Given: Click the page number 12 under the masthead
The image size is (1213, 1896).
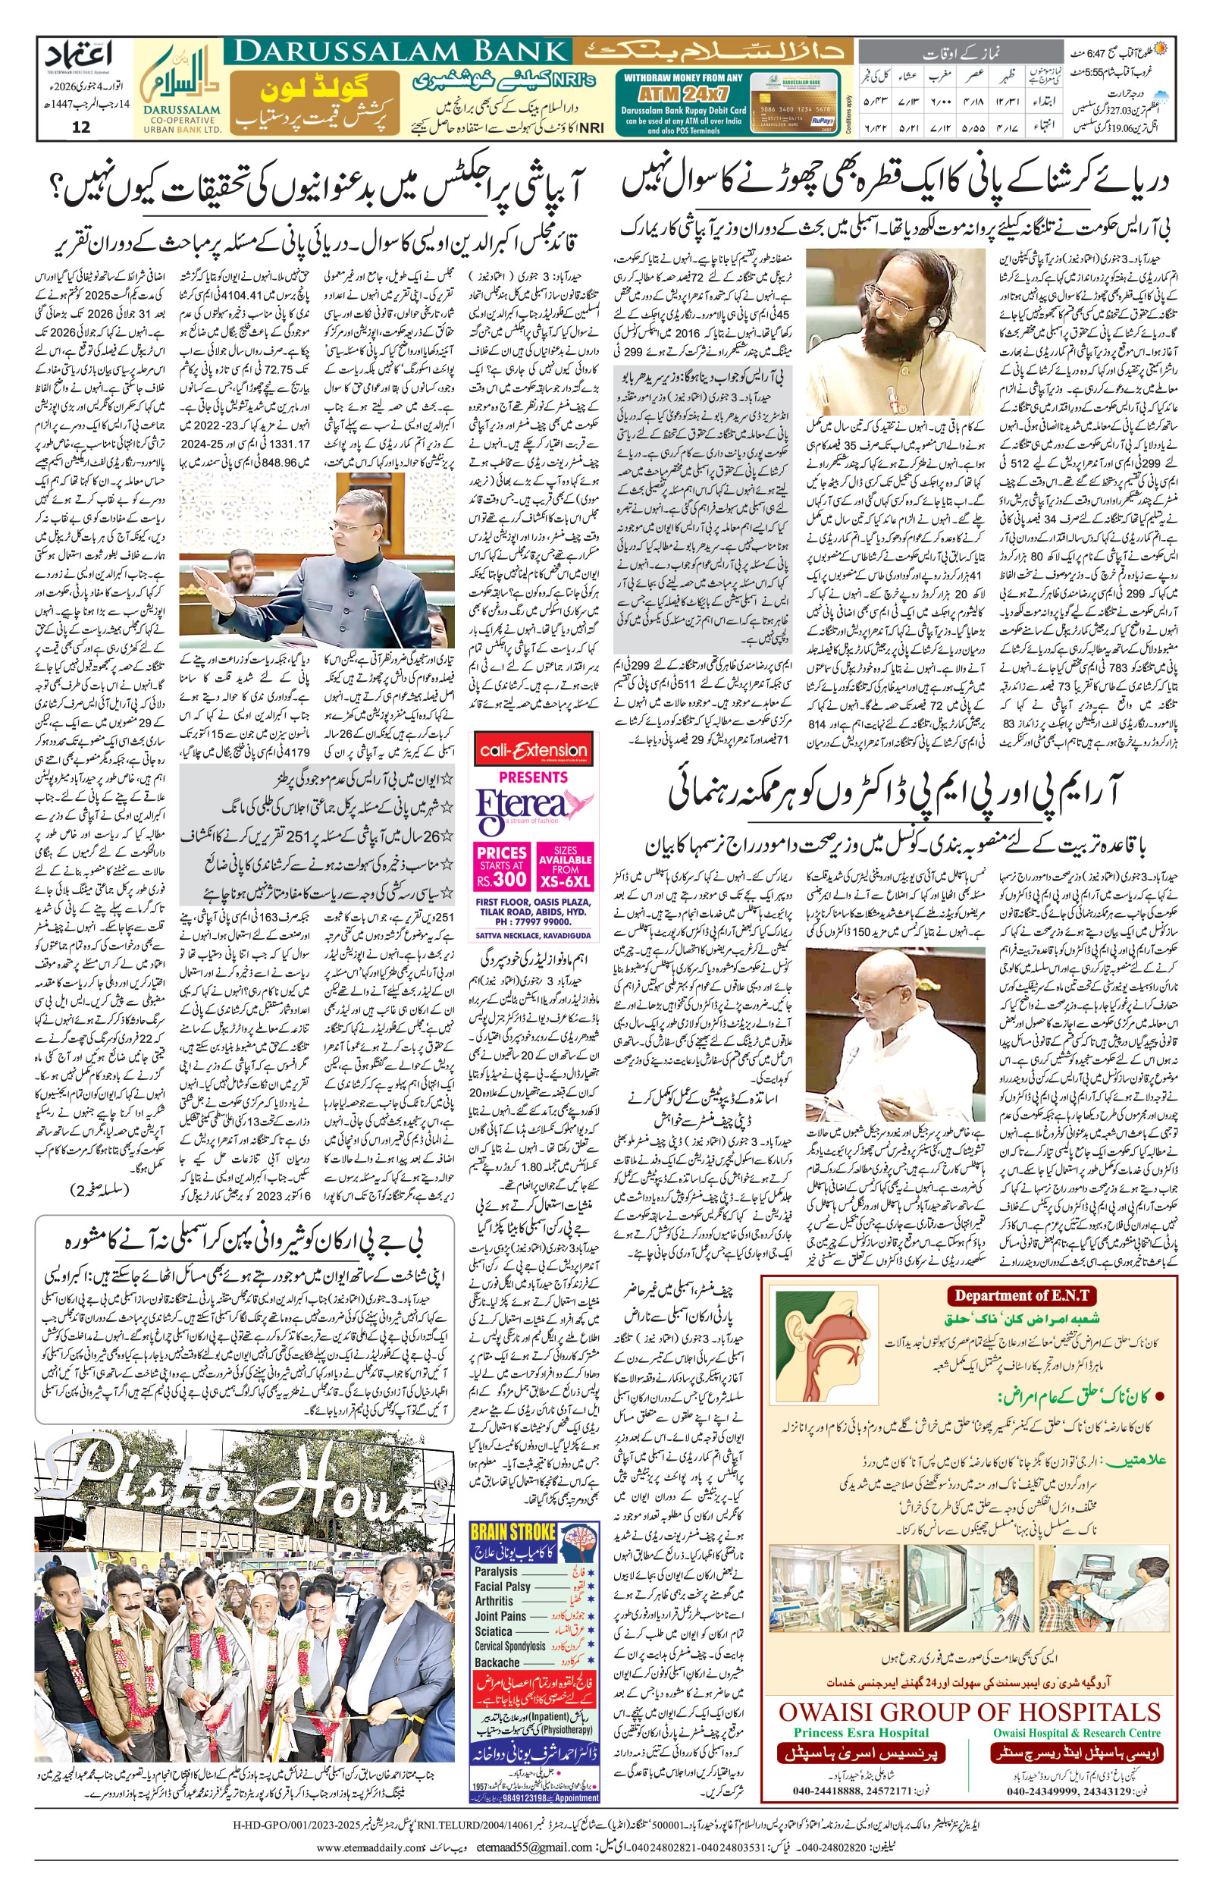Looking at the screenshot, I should [x=81, y=127].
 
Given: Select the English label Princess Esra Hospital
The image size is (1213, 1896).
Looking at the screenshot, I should [x=861, y=1749].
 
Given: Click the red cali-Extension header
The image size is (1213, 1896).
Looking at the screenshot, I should [x=533, y=751].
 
